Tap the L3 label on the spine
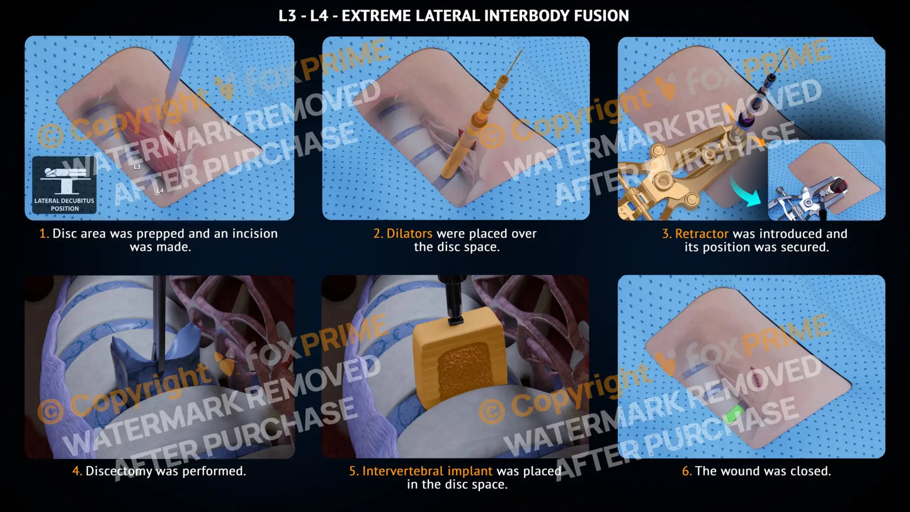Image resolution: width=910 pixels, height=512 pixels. point(137,167)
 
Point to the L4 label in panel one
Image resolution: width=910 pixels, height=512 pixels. point(160,190)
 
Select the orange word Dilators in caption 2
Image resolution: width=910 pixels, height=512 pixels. point(409,233)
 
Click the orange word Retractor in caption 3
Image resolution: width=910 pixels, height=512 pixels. point(702,234)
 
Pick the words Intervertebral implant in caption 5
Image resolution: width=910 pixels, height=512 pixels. point(427,470)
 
